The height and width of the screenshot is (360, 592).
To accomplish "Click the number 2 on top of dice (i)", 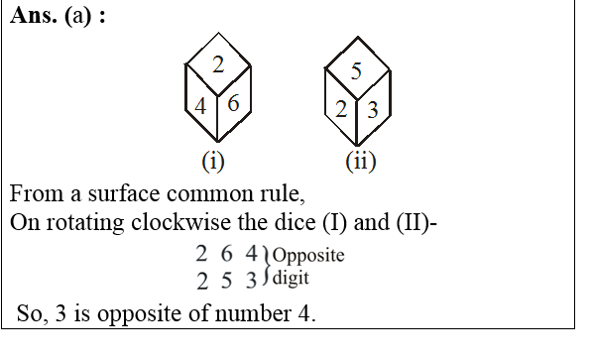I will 217,65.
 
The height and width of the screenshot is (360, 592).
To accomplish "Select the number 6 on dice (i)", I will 233,103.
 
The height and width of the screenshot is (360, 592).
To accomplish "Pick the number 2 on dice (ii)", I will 340,109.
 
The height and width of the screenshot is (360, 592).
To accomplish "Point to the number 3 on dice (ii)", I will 372,109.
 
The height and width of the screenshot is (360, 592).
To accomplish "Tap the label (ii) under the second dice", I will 359,160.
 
